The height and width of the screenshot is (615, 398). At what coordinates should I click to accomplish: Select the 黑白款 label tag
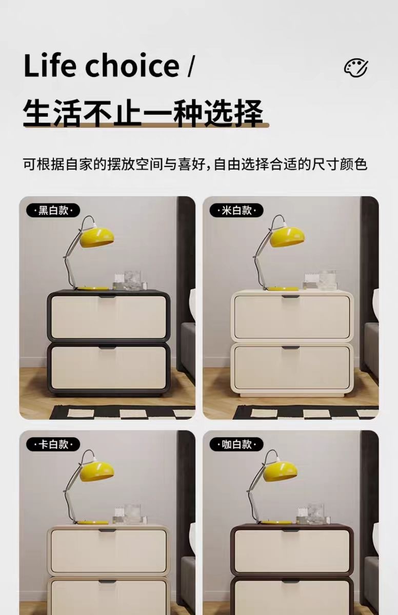coord(53,210)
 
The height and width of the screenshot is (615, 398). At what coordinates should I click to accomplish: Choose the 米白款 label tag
coord(236,210)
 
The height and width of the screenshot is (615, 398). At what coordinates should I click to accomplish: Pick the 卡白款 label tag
coord(53,444)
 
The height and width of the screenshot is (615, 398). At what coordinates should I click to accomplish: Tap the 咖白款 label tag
coord(236,444)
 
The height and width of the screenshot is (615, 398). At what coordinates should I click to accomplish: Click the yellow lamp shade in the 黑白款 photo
coord(96,238)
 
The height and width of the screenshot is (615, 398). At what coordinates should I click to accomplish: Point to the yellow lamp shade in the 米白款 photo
coord(287,237)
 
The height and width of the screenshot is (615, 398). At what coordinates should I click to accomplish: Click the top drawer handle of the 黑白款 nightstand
coord(108,296)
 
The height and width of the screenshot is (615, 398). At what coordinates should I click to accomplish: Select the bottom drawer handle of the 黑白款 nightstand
coord(108,347)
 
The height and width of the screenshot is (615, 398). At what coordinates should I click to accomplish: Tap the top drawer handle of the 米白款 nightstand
coord(291,297)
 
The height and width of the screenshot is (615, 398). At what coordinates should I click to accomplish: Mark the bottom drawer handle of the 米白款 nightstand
coord(291,347)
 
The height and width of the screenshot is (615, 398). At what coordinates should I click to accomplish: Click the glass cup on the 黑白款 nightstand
coord(134,280)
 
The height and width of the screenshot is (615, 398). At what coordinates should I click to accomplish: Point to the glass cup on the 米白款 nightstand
coord(327,280)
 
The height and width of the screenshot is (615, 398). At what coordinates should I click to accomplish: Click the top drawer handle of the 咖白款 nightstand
coord(291,530)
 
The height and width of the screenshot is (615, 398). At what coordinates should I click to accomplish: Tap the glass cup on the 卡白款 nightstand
coord(132,514)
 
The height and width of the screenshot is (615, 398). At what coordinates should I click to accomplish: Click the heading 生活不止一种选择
coord(143,113)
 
